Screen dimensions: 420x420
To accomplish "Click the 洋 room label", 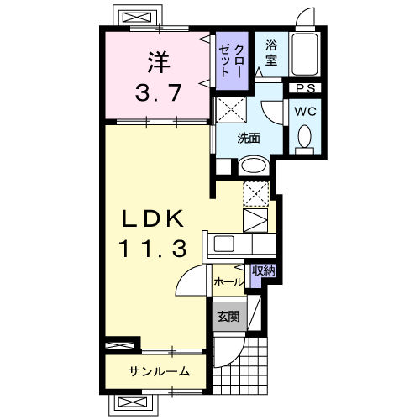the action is (x=159, y=62).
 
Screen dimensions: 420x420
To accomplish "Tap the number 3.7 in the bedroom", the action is (x=158, y=92).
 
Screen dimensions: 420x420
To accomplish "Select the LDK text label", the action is (x=153, y=218).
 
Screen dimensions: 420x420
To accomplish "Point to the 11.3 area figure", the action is (x=153, y=249).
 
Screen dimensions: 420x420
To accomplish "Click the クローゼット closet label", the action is (x=232, y=60).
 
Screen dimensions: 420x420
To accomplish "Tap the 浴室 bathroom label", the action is (x=271, y=53).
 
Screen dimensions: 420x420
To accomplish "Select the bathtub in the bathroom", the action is (x=305, y=54).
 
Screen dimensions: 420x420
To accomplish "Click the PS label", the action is (x=306, y=88).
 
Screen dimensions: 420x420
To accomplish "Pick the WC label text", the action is (x=305, y=112).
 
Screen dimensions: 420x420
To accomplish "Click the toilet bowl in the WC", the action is (x=305, y=136).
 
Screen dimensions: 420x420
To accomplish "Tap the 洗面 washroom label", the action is (x=249, y=138).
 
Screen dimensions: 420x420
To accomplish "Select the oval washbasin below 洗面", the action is (x=254, y=165).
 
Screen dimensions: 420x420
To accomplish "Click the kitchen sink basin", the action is (x=224, y=244).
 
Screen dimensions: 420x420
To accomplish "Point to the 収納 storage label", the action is (x=264, y=270).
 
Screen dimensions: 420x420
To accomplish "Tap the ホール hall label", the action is (x=228, y=282).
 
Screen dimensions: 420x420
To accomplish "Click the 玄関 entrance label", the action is (x=228, y=317).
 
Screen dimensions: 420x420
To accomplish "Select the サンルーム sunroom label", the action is (x=159, y=371).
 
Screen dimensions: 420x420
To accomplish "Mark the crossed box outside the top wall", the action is (x=137, y=18).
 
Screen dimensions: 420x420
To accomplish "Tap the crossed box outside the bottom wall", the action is (x=133, y=402).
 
